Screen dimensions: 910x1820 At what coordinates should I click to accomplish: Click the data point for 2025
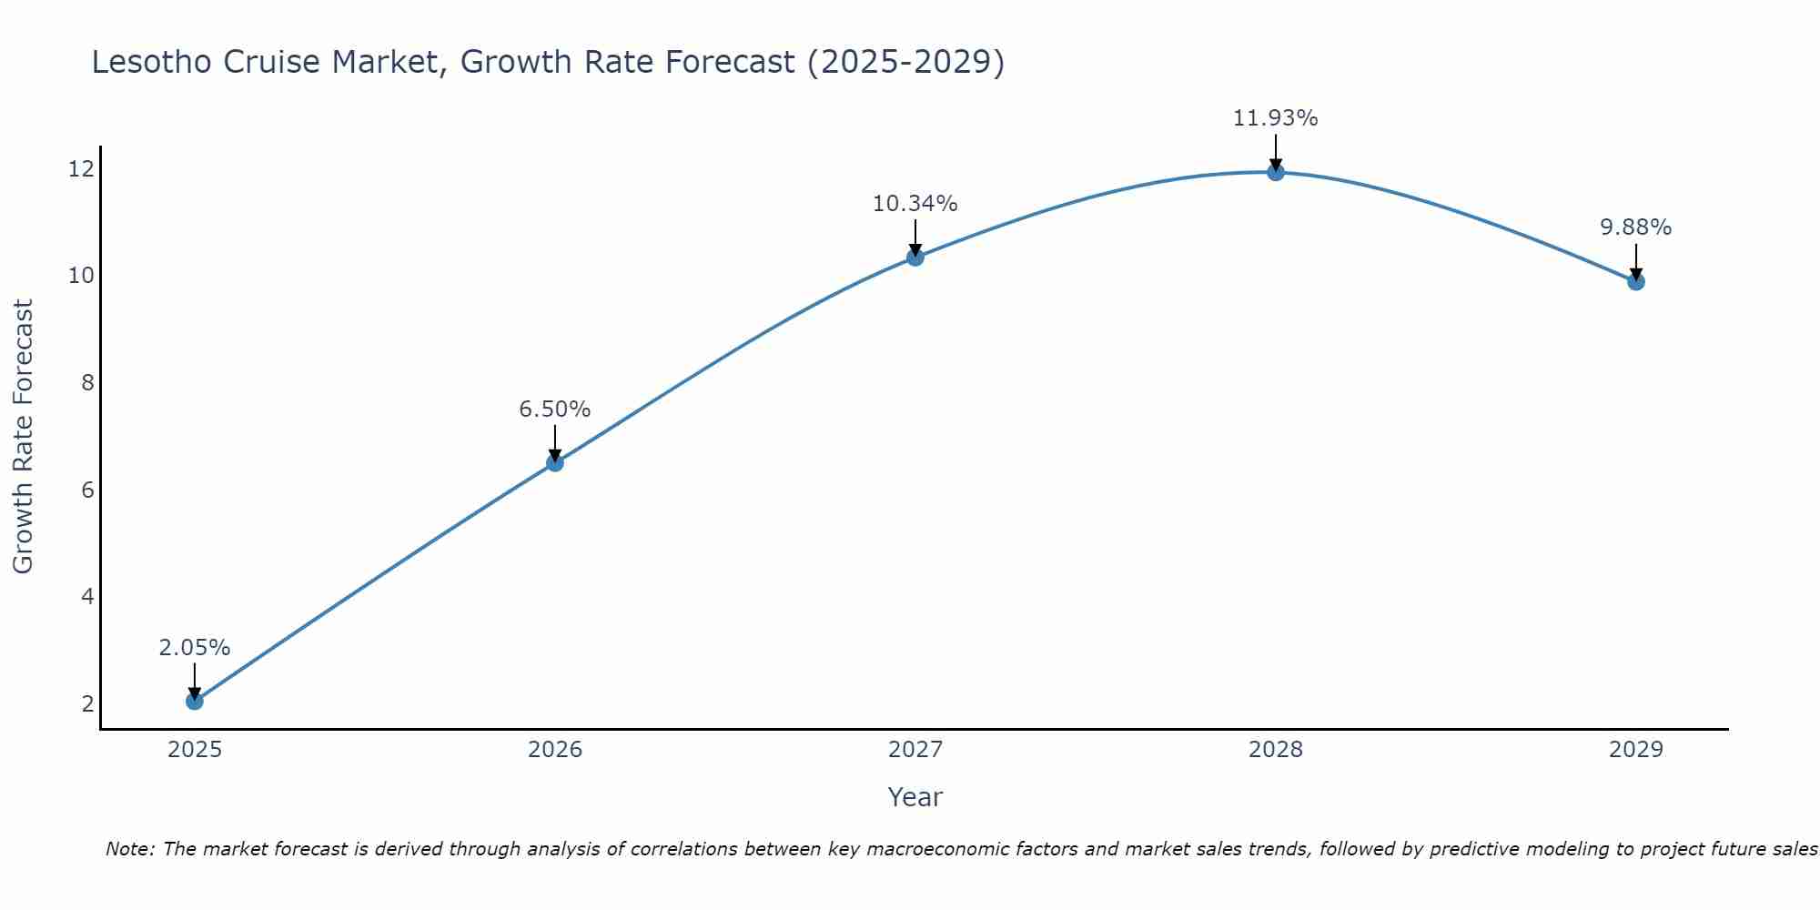tap(195, 701)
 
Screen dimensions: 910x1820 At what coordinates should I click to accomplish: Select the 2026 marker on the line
tap(555, 462)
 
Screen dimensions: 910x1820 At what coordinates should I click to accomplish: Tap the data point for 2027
tap(915, 258)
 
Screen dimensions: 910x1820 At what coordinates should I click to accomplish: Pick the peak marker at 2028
tap(1276, 172)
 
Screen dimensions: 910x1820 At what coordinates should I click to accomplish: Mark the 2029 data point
tap(1636, 282)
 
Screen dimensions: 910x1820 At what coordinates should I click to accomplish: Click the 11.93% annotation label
tap(1275, 118)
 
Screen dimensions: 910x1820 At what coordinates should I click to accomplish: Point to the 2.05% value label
tap(195, 648)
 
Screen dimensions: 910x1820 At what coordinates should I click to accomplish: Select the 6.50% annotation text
tap(555, 409)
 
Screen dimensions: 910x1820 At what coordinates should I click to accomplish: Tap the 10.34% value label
tap(915, 204)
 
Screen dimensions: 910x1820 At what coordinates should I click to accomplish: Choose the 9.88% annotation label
tap(1636, 227)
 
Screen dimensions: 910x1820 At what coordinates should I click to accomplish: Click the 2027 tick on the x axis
tap(915, 750)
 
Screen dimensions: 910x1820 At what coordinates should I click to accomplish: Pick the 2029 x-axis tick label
tap(1636, 750)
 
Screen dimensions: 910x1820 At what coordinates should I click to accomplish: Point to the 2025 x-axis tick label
tap(195, 750)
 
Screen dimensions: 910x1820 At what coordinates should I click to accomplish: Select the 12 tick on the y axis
tap(81, 168)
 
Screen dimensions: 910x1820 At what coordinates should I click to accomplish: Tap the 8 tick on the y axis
tap(87, 382)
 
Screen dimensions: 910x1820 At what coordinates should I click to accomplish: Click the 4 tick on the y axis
tap(87, 596)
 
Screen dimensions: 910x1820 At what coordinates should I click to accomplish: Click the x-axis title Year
tap(915, 797)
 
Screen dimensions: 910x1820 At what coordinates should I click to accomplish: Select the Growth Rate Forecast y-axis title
tap(24, 436)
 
